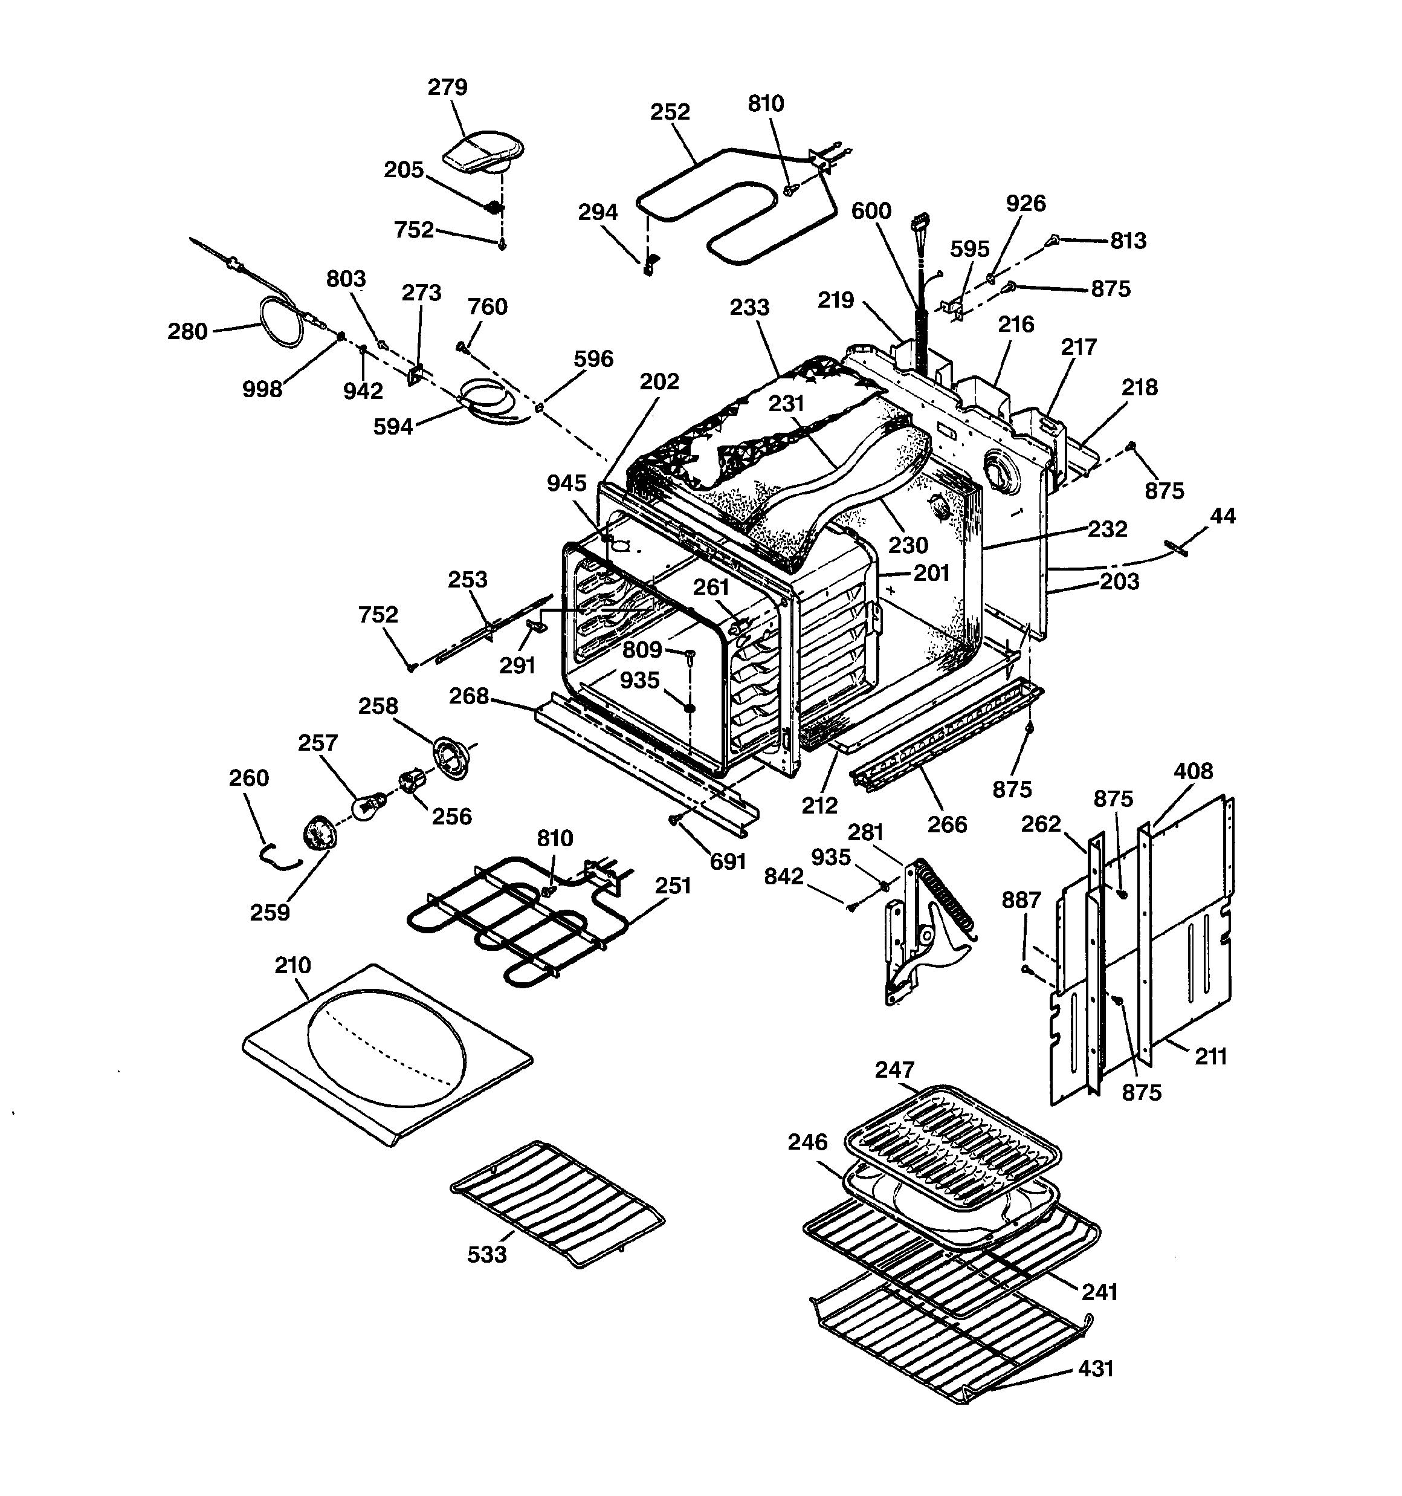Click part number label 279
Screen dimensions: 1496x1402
[447, 87]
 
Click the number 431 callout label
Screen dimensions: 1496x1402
[1095, 1368]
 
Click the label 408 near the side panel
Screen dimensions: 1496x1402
[1194, 771]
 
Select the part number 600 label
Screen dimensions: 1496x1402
[871, 211]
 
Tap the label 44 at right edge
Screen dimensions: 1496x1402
[1222, 516]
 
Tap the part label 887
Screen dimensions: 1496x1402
[1021, 899]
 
